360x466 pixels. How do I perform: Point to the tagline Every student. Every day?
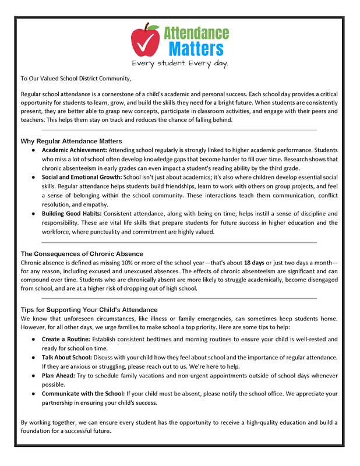click(179, 62)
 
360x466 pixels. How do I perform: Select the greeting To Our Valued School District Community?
click(76, 78)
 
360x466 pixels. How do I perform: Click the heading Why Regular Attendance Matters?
click(71, 141)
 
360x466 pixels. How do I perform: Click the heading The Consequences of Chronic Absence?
click(82, 254)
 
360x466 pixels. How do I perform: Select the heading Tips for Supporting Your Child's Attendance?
click(89, 309)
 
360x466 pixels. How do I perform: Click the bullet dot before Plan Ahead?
click(34, 376)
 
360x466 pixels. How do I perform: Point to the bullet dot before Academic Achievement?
click(34, 150)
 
